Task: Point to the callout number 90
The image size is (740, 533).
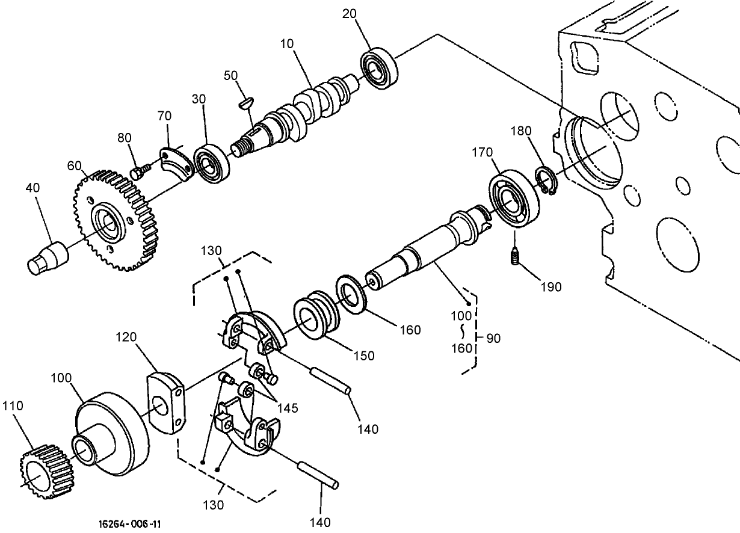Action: tap(493, 338)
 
